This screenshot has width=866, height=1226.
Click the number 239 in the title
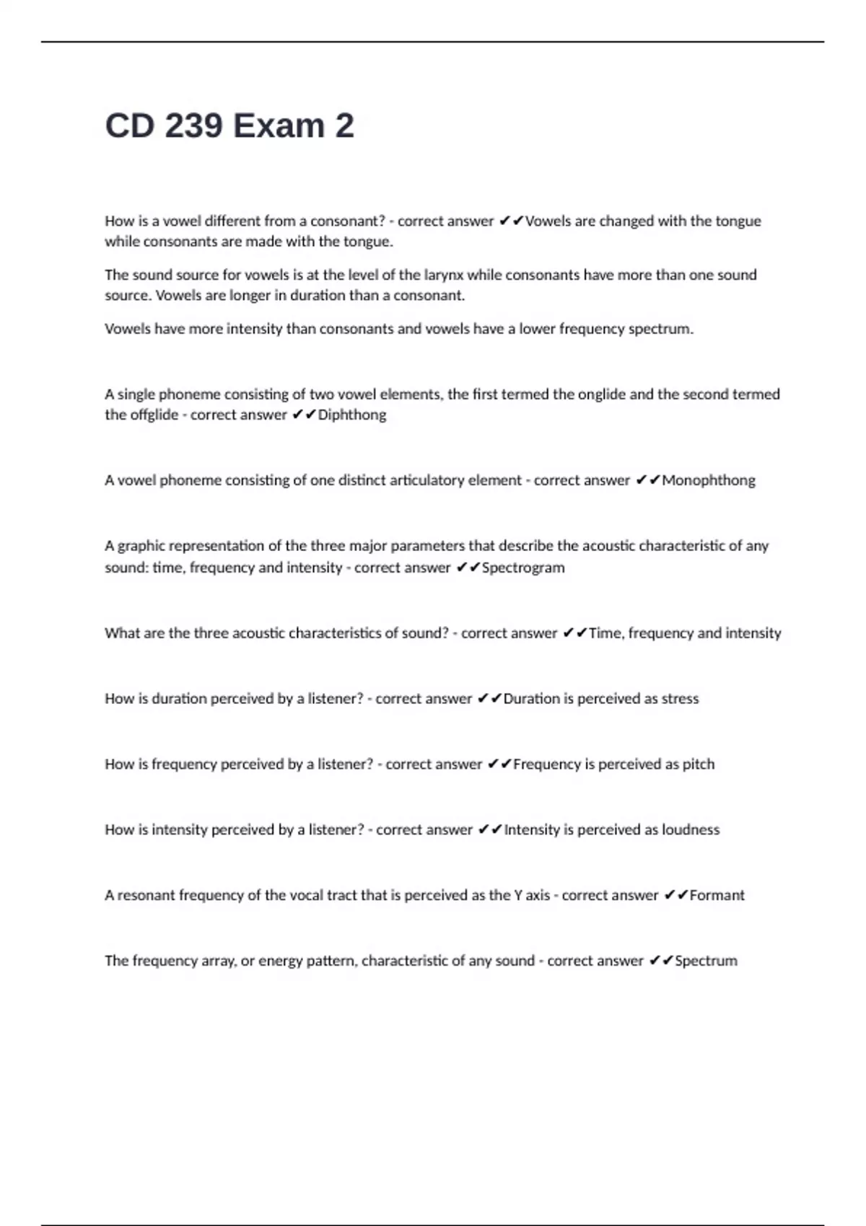193,126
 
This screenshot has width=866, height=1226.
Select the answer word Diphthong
352,415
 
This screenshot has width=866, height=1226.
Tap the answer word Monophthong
709,480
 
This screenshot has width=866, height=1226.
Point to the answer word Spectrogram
523,568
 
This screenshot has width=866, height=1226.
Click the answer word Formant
717,895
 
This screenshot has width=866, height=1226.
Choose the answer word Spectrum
706,961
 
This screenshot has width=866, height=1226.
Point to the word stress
681,698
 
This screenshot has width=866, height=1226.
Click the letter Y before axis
518,895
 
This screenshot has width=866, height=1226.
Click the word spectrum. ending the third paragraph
661,329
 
